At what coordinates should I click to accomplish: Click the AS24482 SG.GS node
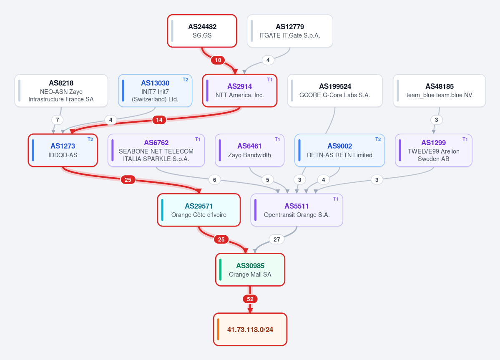202,31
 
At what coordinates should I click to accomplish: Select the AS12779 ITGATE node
290,31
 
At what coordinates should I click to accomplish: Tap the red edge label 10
218,60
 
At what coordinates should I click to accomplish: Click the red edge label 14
159,120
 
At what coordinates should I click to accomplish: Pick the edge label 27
277,239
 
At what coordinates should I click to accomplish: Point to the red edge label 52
250,299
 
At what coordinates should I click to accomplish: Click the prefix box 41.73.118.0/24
250,330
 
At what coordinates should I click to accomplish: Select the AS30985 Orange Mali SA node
250,270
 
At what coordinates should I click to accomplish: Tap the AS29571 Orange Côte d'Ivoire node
198,210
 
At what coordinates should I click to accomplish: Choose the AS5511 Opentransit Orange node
296,210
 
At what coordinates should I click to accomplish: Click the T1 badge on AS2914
270,80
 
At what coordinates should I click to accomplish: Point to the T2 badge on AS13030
185,80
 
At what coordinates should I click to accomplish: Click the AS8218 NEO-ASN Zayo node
61,91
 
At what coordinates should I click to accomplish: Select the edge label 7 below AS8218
58,120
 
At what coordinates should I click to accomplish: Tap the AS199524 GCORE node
335,91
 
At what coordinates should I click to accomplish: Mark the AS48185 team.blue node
439,91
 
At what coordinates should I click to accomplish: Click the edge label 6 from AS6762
215,180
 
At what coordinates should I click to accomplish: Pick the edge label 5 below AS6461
268,180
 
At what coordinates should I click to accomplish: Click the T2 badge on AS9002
378,139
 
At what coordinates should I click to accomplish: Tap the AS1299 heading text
433,143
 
